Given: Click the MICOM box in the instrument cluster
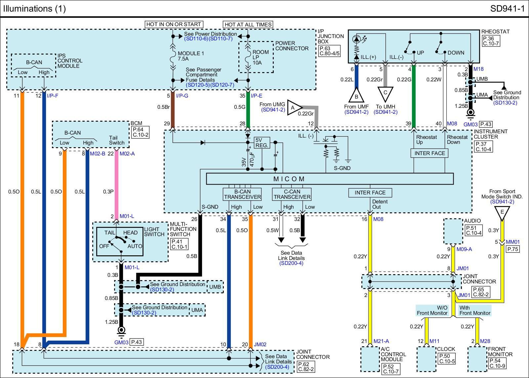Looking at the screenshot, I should coord(330,179).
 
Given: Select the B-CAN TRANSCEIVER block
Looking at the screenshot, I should coord(242,194).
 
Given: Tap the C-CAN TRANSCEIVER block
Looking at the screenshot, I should coord(292,194).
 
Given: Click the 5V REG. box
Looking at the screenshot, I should coord(262,143).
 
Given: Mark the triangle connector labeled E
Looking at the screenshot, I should coord(502,212).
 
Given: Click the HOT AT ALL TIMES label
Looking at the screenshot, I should coord(248,24).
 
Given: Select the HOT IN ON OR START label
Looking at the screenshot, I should coord(174,24).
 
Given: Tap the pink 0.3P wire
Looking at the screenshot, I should coord(116,185).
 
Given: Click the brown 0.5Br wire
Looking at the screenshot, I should coord(172,112).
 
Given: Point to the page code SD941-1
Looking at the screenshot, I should coord(507,9).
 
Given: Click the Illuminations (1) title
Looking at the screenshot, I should coord(34,9).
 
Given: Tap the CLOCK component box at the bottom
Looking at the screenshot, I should coord(426,359).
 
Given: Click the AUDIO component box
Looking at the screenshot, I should coord(453,231).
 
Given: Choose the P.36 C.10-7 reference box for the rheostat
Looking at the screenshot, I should coord(490,41).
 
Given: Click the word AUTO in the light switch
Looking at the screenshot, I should coord(135,246).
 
